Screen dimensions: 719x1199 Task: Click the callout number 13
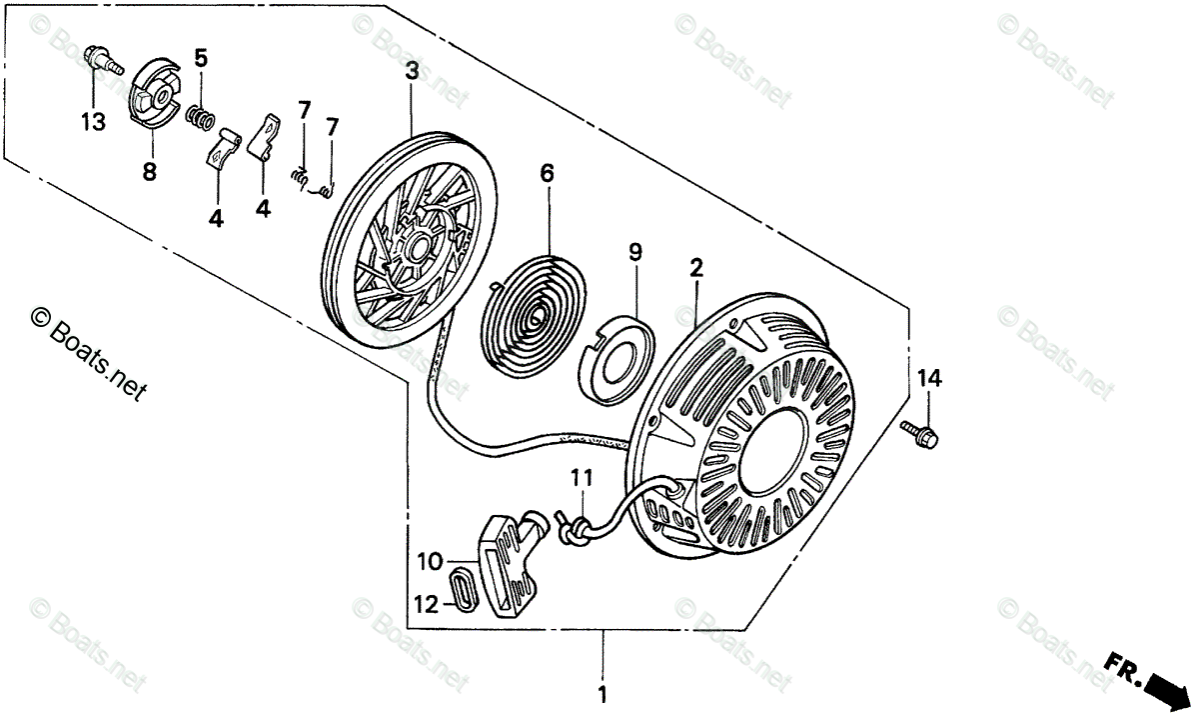93,122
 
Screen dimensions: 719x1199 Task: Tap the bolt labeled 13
101,59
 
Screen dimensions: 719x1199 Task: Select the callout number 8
149,172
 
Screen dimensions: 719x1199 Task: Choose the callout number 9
634,253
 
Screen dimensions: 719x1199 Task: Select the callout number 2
696,268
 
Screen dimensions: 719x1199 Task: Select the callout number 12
427,604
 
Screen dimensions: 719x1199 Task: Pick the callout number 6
547,173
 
